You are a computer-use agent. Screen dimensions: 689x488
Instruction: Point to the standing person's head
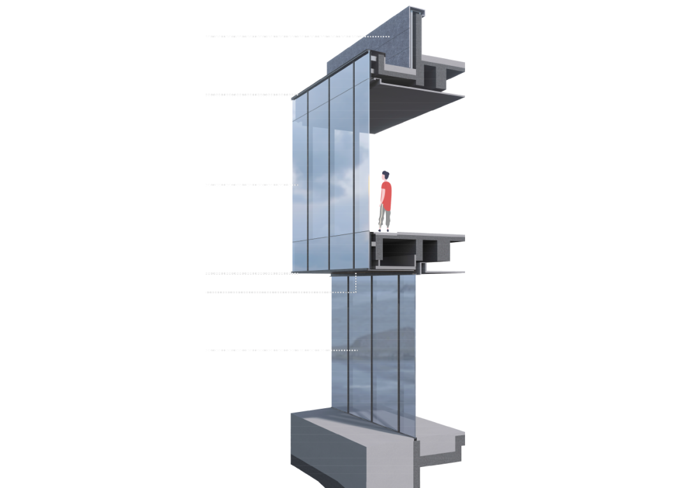(385, 174)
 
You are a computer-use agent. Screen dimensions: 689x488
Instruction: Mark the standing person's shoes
(382, 230)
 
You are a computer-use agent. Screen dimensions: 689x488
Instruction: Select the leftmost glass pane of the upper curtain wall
(300, 185)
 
